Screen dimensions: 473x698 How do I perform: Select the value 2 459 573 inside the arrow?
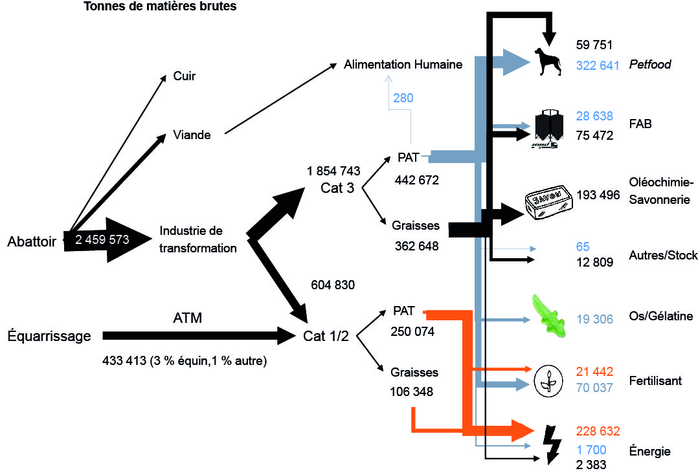coord(102,240)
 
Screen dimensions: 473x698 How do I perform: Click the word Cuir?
coord(185,76)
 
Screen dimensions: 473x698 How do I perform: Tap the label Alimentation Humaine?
coord(403,65)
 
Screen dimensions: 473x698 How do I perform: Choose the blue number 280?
coord(402,98)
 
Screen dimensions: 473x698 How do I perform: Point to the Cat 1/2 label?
coord(326,336)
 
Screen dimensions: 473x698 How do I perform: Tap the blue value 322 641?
coord(598,65)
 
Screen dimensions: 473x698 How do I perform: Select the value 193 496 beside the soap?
coord(598,195)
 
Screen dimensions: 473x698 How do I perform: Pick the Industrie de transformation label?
coord(198,239)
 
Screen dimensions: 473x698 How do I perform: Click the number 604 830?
coord(333,285)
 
